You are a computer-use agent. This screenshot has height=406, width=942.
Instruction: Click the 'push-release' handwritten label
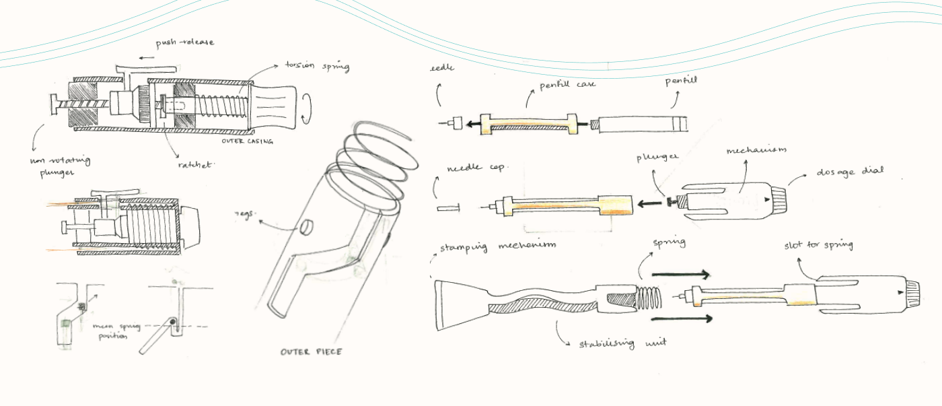point(185,42)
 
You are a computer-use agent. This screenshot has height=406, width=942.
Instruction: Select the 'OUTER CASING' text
point(248,141)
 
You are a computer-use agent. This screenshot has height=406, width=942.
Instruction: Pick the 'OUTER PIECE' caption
point(311,351)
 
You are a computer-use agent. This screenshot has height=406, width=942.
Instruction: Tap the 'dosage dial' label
point(850,172)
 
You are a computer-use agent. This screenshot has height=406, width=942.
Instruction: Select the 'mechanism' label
point(756,150)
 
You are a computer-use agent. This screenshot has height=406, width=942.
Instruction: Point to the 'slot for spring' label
point(818,245)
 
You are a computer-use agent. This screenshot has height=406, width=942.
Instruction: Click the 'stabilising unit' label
point(622,343)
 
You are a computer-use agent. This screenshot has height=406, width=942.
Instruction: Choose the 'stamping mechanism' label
point(498,246)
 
